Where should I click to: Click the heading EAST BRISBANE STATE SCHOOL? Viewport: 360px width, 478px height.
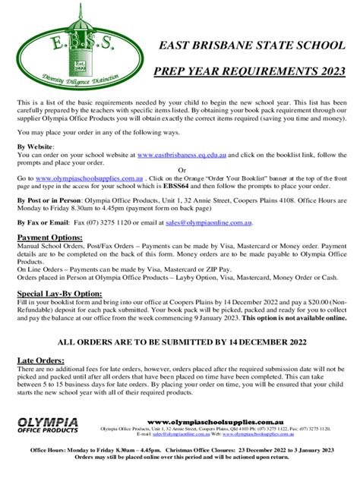[x=250, y=46]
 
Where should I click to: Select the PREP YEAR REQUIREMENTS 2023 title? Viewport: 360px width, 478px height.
[x=250, y=71]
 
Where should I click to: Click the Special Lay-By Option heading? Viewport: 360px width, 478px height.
[x=59, y=292]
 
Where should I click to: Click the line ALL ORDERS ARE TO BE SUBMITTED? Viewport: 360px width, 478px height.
[x=180, y=341]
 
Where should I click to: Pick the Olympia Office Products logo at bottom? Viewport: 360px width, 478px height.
[x=48, y=425]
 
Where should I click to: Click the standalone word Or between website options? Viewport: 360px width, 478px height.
[x=181, y=168]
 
